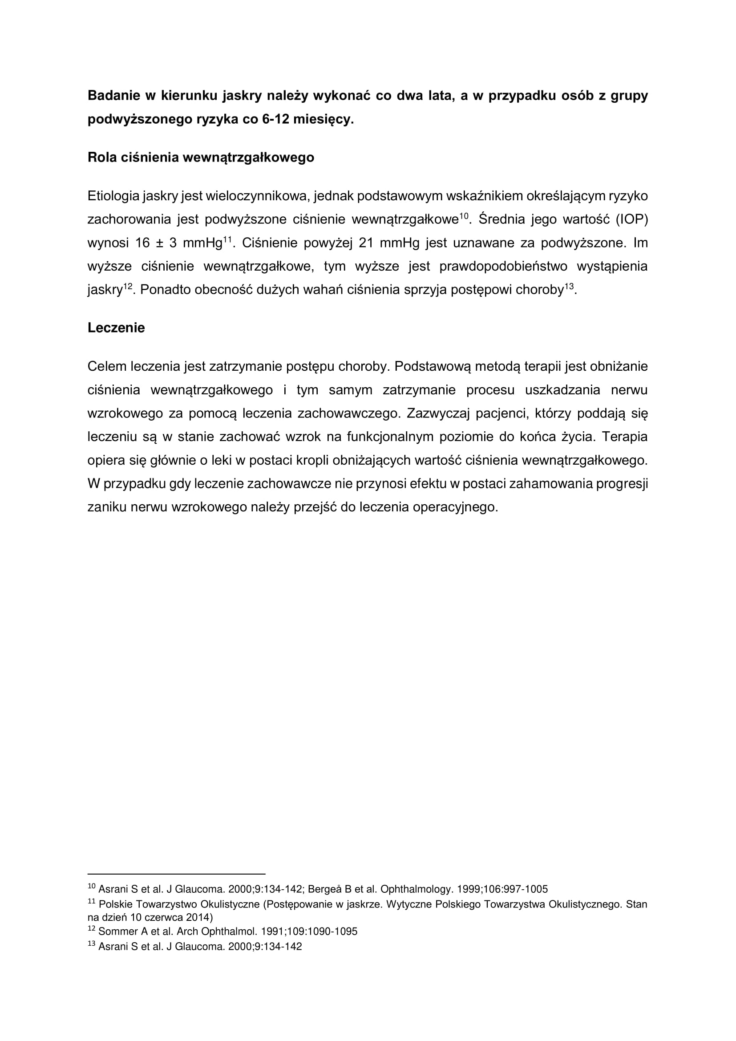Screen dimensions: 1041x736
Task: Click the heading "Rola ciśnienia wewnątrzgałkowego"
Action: point(201,157)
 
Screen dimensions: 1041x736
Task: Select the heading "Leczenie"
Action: point(116,328)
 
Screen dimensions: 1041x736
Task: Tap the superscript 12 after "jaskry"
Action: point(127,286)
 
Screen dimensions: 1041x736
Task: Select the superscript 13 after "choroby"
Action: point(569,286)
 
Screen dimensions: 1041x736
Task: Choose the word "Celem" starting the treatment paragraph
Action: point(107,366)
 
